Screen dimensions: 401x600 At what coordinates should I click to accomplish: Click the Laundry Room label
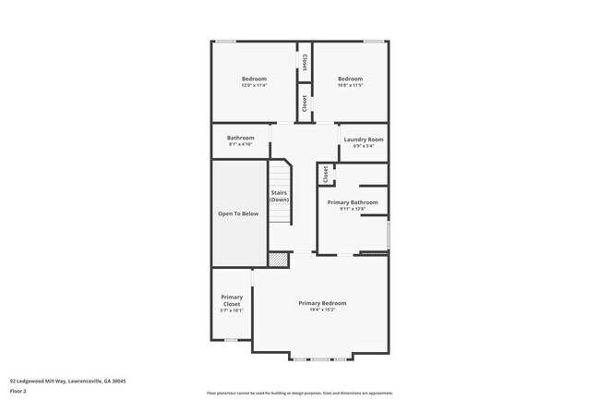pos(363,140)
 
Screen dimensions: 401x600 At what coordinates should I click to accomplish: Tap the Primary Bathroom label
pos(353,202)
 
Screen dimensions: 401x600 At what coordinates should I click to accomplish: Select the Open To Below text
pos(238,213)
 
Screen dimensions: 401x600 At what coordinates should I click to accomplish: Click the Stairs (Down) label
pos(279,196)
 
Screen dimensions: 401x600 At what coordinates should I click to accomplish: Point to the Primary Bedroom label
pos(322,303)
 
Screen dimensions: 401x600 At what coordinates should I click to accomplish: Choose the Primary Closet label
pos(232,300)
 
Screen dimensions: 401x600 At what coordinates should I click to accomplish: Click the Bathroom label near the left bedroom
pos(241,138)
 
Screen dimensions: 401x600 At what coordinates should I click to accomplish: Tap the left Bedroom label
pos(254,79)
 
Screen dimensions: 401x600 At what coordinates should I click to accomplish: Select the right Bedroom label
pos(351,79)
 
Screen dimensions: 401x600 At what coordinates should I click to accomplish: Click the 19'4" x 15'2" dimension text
pos(322,310)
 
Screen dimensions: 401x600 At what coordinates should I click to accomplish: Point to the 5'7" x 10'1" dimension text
pos(232,310)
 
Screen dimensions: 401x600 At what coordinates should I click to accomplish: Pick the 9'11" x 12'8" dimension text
pos(353,209)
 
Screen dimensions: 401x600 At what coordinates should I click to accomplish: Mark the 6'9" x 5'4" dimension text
pos(363,146)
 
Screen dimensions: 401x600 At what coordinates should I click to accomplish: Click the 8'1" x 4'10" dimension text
pos(241,145)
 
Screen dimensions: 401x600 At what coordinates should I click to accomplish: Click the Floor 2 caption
pos(18,391)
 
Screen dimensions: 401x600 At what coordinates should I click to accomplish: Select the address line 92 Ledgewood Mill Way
pos(67,381)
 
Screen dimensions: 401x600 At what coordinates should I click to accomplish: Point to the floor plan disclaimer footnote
pos(299,393)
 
